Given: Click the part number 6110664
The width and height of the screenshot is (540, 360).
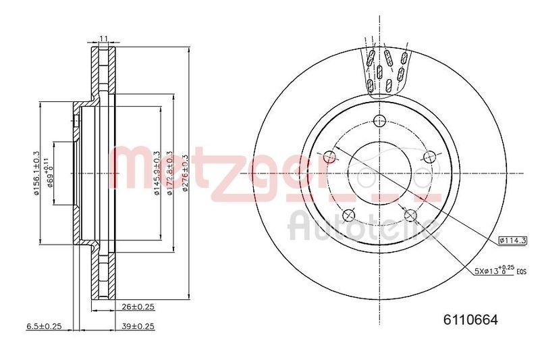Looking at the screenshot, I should click(470, 321).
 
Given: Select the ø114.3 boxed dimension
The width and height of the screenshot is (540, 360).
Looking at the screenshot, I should click(512, 240).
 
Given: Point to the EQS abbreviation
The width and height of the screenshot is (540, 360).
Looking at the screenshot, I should click(521, 272).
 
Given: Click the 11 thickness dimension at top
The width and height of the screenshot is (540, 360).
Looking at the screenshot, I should click(103, 38).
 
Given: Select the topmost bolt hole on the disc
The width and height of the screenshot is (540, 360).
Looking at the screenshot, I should click(380, 121).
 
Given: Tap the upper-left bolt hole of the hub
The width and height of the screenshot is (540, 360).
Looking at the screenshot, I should click(329, 157).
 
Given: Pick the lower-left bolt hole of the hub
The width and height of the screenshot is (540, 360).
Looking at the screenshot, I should click(349, 215).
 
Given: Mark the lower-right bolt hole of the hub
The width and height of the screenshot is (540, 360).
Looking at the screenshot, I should click(409, 215).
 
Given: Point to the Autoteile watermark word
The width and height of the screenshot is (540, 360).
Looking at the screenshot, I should click(360, 227).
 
